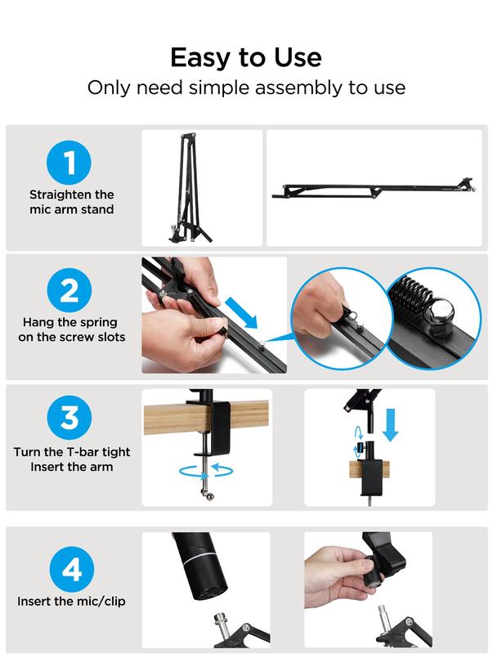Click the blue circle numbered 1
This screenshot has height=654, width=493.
(69, 163)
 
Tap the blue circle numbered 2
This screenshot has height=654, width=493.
(69, 290)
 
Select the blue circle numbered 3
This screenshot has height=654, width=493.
(69, 417)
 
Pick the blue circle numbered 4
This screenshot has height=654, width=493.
(71, 569)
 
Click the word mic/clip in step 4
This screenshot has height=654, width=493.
(100, 602)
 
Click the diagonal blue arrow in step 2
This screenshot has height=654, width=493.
(241, 313)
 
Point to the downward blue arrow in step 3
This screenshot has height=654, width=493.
(391, 425)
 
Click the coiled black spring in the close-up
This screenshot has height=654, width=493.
(410, 295)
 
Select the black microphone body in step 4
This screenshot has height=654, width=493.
(200, 563)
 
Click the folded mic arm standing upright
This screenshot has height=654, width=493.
(189, 188)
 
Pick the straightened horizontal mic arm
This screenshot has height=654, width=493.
(374, 190)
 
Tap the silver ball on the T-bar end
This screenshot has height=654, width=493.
(210, 496)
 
